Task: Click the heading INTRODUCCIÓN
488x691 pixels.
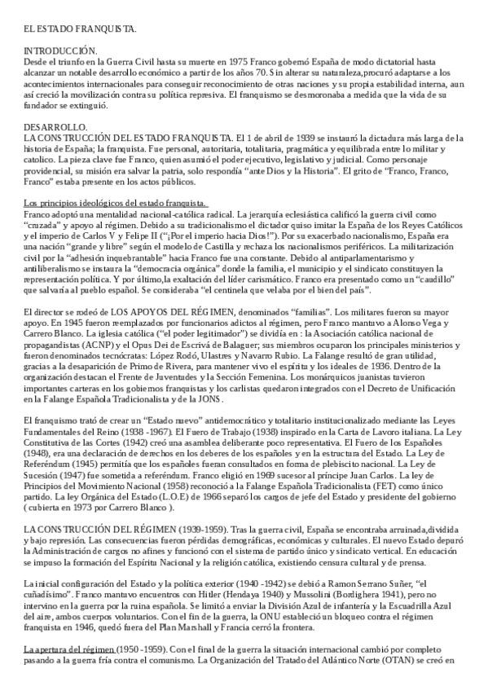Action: [61, 51]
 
